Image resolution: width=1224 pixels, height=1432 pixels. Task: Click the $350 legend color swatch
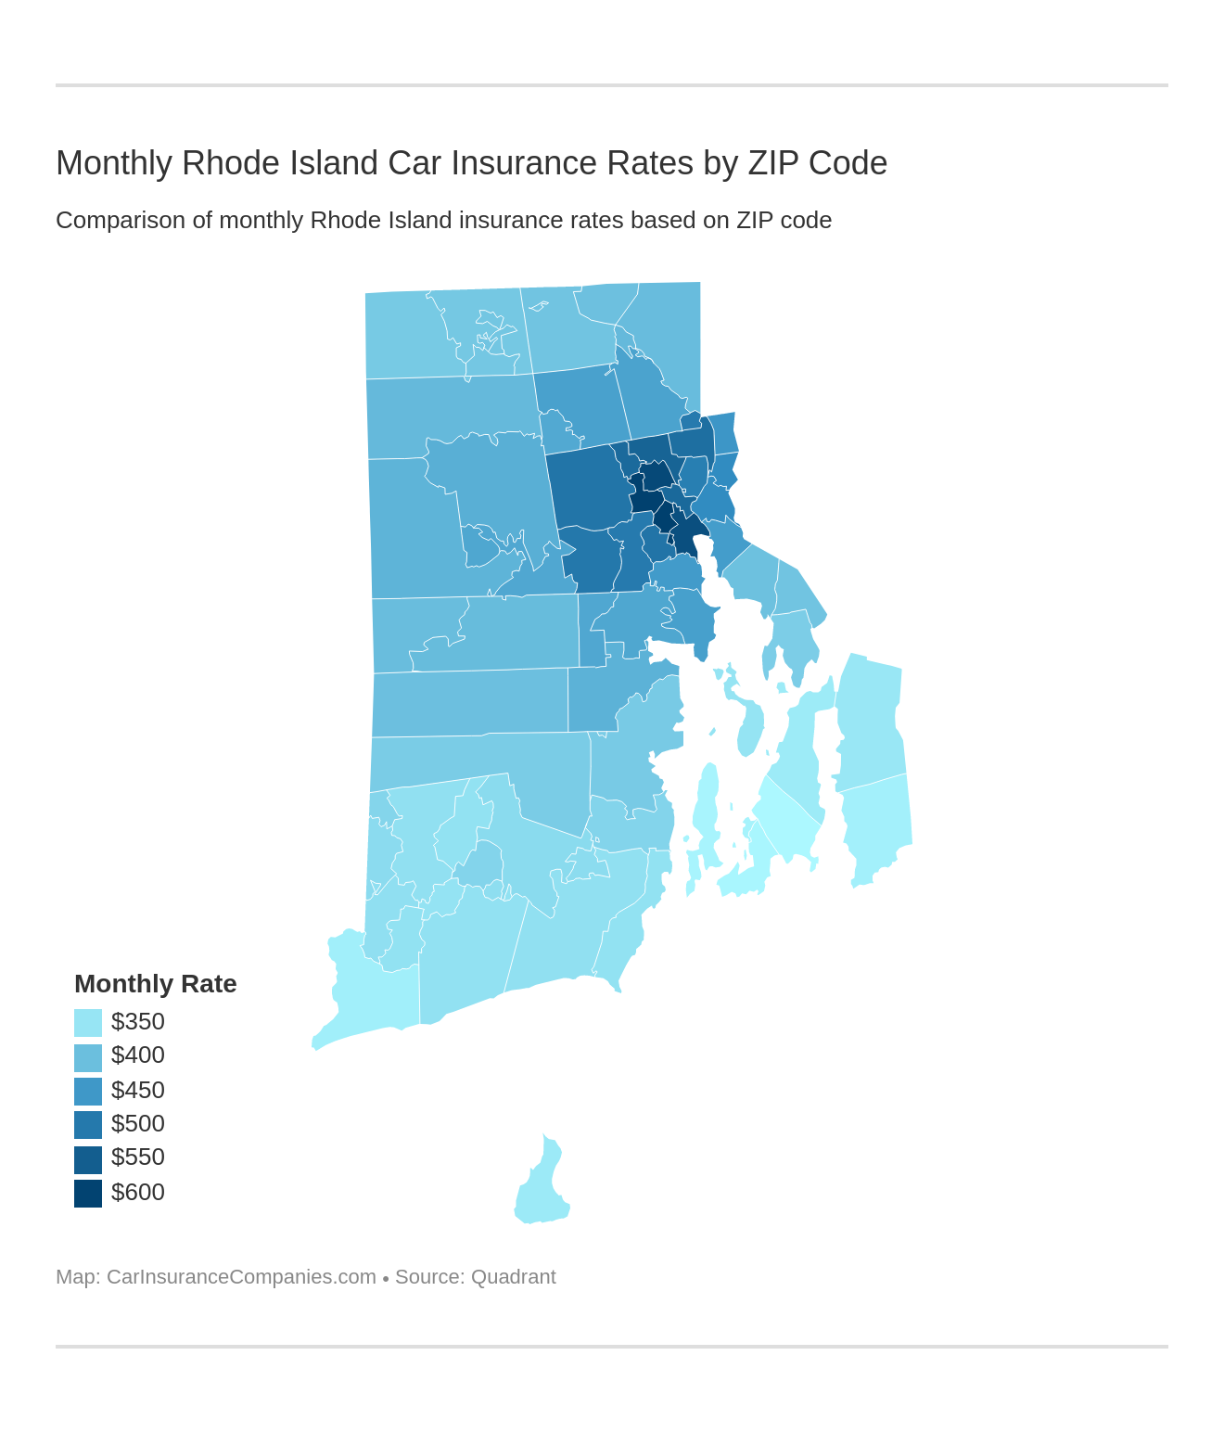[x=88, y=1022]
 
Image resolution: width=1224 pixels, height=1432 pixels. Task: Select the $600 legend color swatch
[x=88, y=1193]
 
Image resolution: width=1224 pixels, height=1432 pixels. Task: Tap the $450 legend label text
[x=137, y=1090]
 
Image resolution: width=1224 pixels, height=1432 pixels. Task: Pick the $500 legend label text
[x=137, y=1123]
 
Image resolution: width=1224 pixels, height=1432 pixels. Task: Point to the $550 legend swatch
[x=88, y=1159]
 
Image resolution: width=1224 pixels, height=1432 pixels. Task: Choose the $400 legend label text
[x=137, y=1055]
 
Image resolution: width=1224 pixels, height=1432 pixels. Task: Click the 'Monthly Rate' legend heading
[x=155, y=983]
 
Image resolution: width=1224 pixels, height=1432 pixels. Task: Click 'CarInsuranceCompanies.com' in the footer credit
[x=241, y=1277]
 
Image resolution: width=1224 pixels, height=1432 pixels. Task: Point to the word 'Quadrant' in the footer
[x=513, y=1277]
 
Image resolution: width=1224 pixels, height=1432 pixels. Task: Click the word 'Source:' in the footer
[x=429, y=1277]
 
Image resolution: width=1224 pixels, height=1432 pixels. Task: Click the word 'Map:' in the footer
[x=78, y=1277]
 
